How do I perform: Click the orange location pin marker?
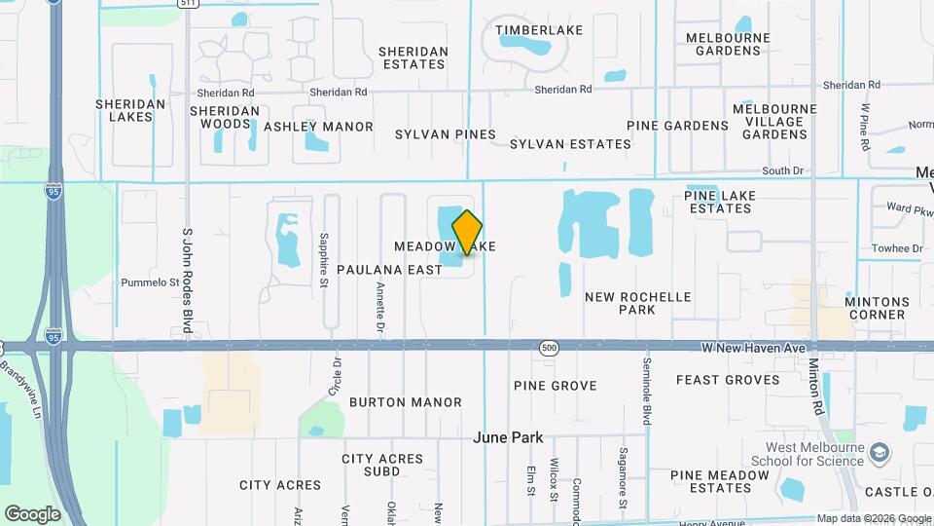pos(468,232)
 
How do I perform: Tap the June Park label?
pos(508,437)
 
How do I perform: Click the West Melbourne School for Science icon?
pos(880,452)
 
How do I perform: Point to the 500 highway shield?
pos(549,347)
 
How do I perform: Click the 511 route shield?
pos(190,4)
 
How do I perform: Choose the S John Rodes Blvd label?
pos(187,281)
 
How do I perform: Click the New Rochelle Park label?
pos(637,303)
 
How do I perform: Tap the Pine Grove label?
pos(555,386)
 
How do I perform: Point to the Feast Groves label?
pos(728,380)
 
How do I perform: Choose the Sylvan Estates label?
pos(570,144)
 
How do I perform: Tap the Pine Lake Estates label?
pos(732,202)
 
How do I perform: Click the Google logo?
pos(32,513)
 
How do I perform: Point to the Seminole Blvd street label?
pos(645,388)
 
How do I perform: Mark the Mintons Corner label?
pos(876,308)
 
